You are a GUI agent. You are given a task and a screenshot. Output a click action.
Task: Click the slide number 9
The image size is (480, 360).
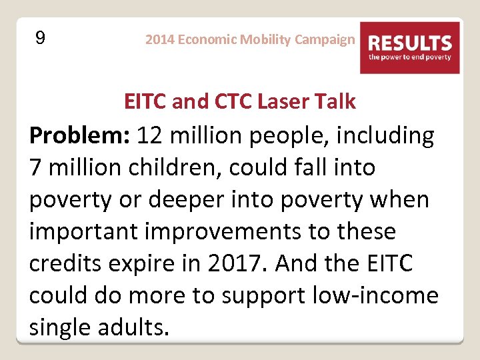40,38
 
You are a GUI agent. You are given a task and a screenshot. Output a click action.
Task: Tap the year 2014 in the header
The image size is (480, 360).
160,39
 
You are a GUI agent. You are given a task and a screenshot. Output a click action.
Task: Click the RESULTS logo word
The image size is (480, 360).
410,44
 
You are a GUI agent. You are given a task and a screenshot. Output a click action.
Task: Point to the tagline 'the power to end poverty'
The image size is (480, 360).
410,58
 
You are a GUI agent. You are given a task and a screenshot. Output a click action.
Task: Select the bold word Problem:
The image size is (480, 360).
79,136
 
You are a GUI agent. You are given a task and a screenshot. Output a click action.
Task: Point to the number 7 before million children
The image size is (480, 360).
36,168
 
